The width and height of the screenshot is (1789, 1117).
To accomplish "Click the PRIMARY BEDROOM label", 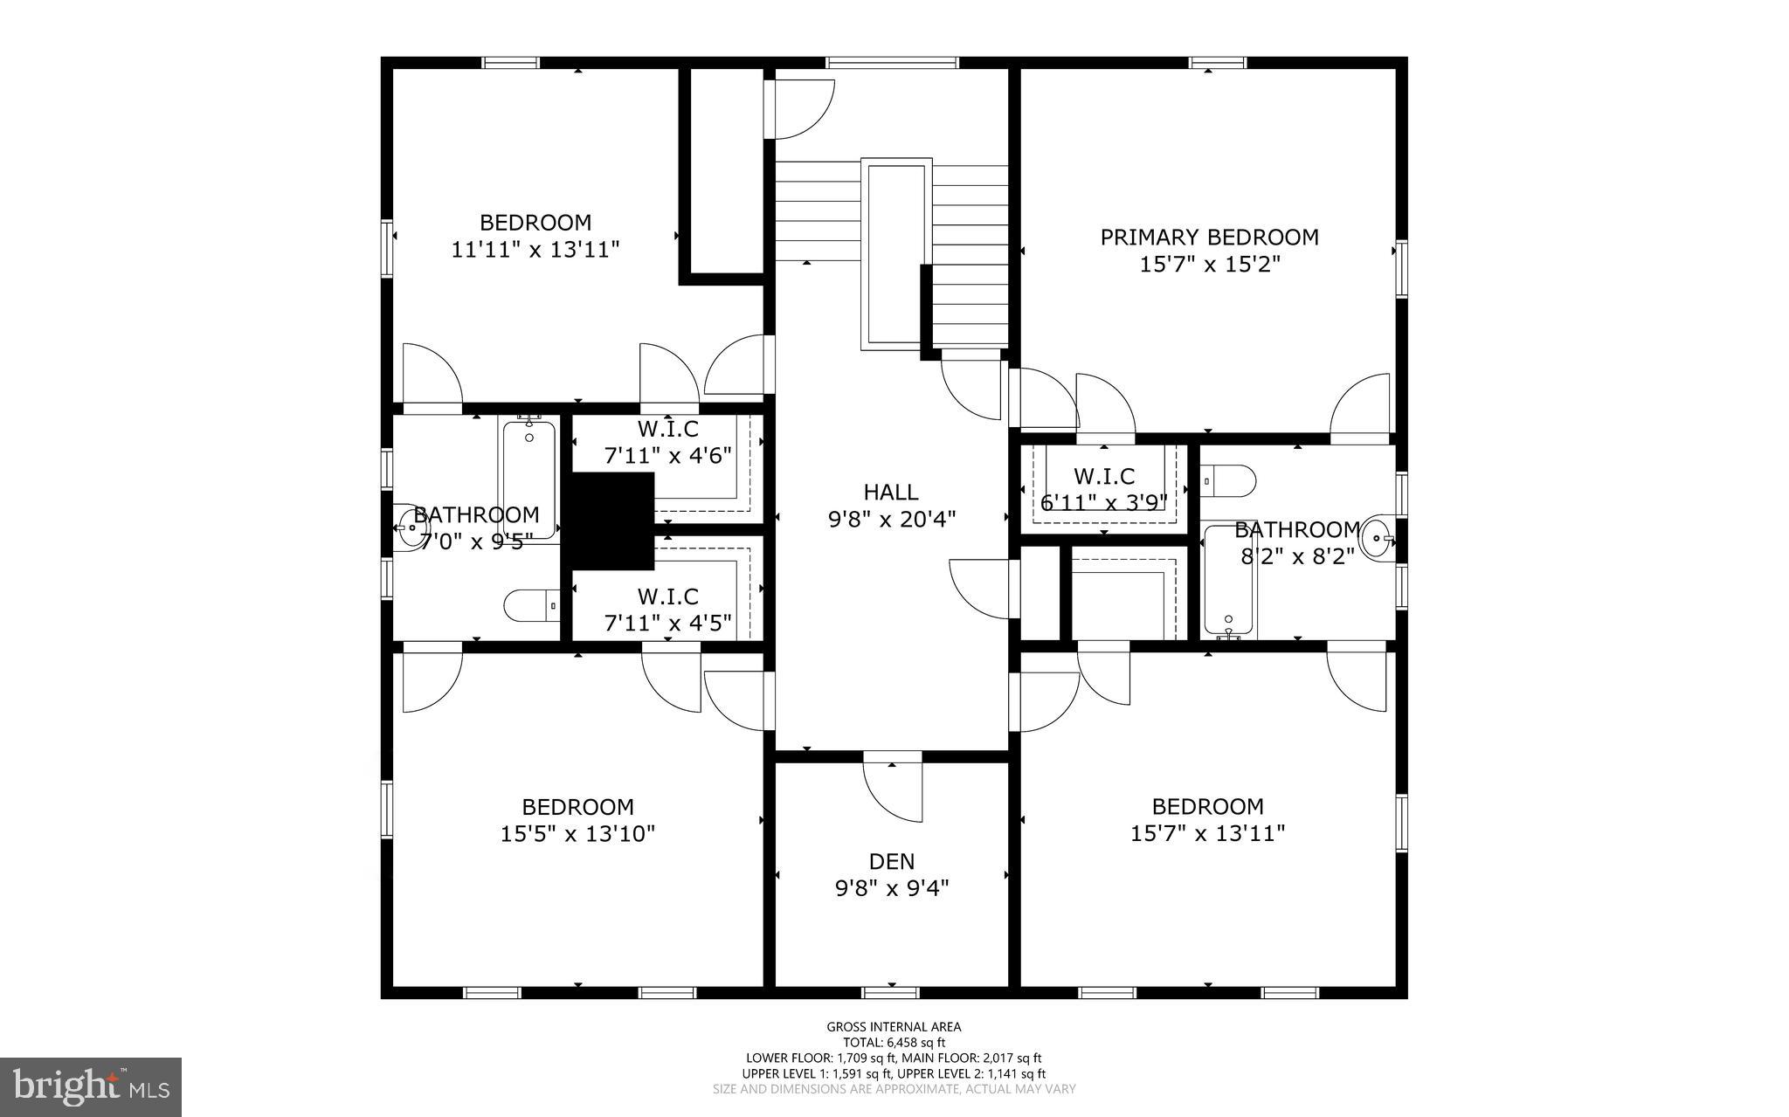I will point(1209,237).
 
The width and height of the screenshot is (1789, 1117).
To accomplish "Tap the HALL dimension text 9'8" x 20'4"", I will point(891,520).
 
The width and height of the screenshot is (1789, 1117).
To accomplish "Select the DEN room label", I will point(892,861).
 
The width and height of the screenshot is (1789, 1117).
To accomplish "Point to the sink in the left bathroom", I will point(408,527).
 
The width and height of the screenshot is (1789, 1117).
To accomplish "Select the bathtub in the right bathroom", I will point(1229,580).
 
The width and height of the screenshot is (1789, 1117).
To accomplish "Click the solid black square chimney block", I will point(612,521).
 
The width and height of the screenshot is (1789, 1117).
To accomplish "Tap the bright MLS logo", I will point(91,1086).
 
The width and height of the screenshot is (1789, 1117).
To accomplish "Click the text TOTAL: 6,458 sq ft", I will point(894,1042).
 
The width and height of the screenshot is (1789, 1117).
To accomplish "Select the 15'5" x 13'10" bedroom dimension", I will point(577,834).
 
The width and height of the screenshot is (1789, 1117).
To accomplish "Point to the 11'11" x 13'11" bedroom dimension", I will point(535,250).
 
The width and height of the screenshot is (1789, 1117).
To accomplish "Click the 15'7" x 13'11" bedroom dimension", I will point(1207,834).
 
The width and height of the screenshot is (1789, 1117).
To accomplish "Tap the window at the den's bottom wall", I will point(891,992).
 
